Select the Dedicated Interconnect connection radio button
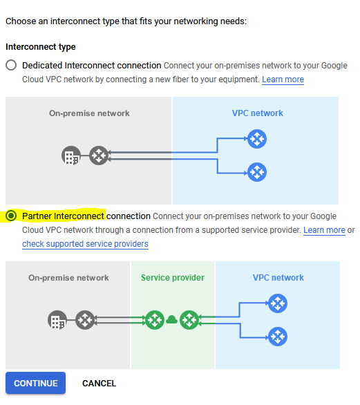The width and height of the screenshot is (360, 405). click(x=11, y=65)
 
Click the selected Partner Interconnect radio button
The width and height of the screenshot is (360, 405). click(x=11, y=216)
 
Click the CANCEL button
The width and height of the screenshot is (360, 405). click(x=100, y=384)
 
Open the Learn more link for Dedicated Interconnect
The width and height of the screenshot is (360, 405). click(x=283, y=79)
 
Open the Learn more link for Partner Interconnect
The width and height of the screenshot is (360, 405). click(x=324, y=230)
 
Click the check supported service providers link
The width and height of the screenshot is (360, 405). click(x=85, y=244)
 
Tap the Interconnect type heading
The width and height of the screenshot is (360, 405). click(x=41, y=47)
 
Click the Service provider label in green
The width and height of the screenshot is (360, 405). click(x=173, y=278)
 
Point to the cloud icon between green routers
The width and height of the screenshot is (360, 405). click(x=172, y=320)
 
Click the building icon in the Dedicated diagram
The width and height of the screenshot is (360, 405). click(x=71, y=156)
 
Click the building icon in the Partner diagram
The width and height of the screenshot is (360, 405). click(x=57, y=320)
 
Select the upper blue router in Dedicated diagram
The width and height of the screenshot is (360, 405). click(x=257, y=139)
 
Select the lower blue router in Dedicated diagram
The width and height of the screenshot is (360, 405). click(x=257, y=172)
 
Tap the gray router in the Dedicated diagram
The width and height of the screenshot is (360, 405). click(x=99, y=156)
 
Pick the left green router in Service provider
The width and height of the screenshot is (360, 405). click(x=155, y=320)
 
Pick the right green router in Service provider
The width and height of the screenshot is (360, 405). click(x=189, y=320)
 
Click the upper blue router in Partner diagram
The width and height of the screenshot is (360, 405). click(x=278, y=303)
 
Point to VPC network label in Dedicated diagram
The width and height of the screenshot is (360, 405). click(x=258, y=113)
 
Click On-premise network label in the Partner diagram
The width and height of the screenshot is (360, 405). click(x=68, y=278)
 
